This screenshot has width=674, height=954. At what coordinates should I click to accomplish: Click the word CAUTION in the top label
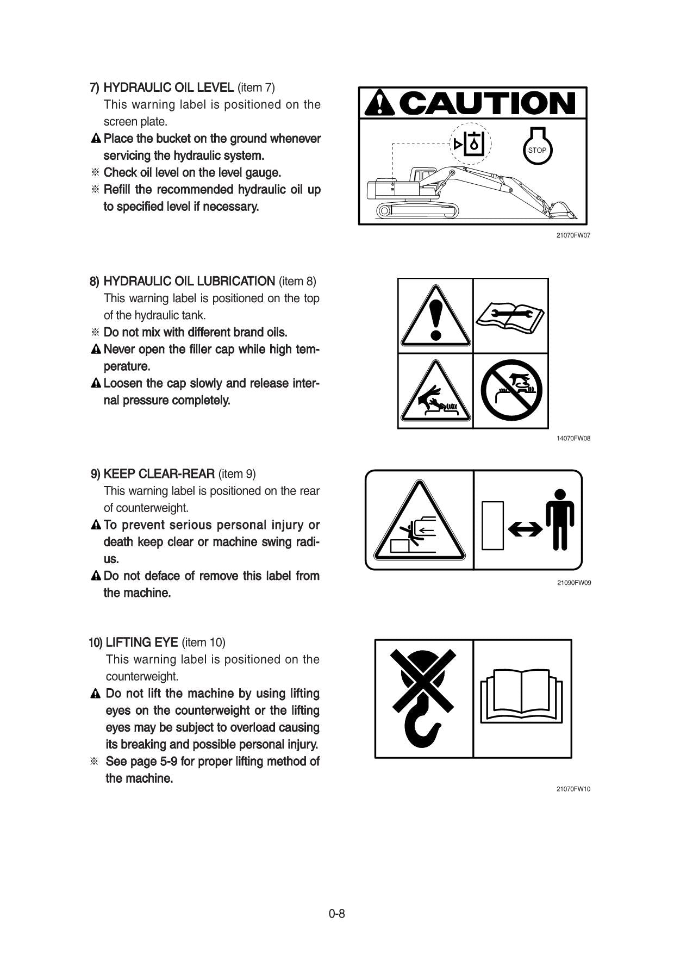coord(489,103)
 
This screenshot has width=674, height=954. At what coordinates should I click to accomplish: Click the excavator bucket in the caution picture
coord(563,211)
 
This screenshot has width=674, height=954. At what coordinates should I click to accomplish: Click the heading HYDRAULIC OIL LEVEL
coord(168,88)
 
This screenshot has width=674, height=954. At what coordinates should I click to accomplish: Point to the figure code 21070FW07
coord(573,236)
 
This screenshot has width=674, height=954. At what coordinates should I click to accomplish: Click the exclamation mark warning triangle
coord(435,316)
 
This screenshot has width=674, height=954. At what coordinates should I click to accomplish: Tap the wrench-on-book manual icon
coord(510,316)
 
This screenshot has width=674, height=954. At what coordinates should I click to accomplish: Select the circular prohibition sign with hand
coord(511,390)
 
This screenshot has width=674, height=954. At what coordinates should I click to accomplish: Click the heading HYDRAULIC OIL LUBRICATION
coord(189,282)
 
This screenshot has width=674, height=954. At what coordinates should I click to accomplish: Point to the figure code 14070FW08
coord(573,438)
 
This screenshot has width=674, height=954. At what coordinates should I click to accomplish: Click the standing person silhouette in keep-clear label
coord(560,519)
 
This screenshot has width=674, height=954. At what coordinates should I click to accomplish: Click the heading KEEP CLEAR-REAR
coord(159,474)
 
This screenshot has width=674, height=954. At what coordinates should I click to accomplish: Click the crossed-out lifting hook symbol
coord(423,698)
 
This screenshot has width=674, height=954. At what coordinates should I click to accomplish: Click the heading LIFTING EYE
coord(142,643)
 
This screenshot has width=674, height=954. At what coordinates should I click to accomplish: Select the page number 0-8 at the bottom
coord(336,914)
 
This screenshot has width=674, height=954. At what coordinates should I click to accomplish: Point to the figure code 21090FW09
coord(573,583)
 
